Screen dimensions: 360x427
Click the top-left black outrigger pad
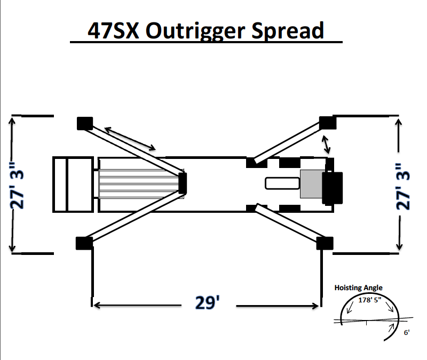(x=85, y=123)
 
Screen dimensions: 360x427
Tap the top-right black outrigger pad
(x=327, y=123)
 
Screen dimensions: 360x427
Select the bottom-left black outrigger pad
(x=83, y=243)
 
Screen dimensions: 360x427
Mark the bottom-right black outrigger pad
(x=325, y=243)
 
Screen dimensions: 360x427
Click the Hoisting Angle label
(x=358, y=288)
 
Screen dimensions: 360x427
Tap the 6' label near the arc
(x=407, y=332)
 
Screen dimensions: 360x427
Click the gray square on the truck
(x=311, y=184)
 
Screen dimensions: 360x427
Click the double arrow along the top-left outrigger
(x=130, y=138)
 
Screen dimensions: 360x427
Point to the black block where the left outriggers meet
(x=183, y=183)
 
